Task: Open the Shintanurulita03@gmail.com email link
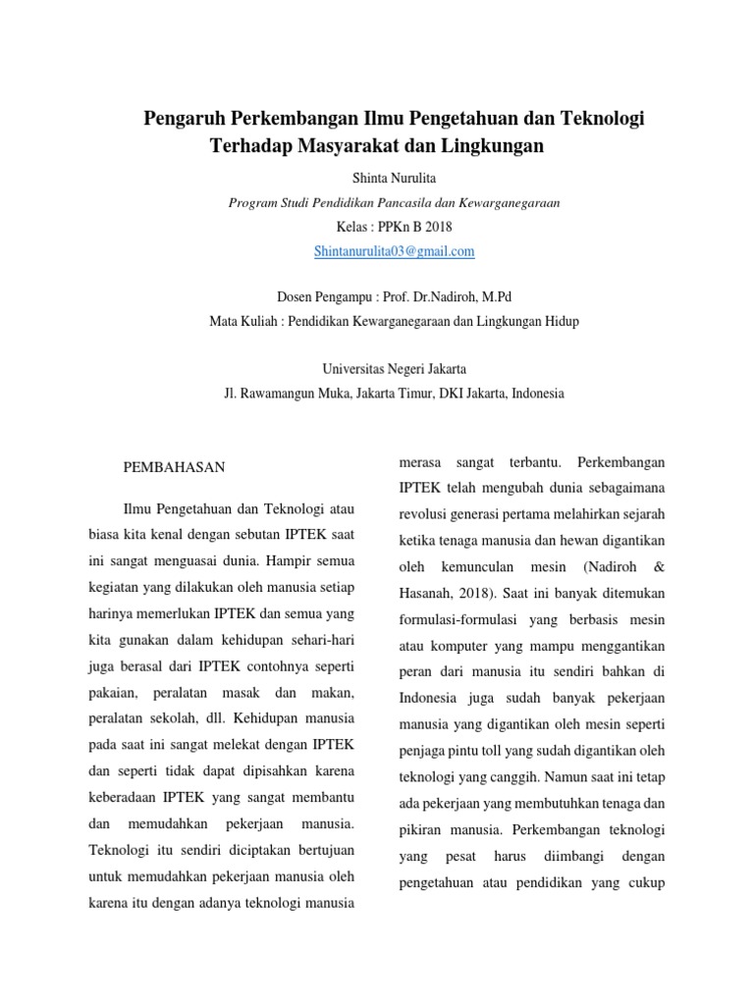[x=394, y=251]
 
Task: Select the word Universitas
[x=356, y=369]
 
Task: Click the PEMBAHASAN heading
[x=174, y=467]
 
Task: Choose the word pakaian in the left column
[x=113, y=694]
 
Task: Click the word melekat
[x=263, y=746]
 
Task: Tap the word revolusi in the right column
[x=424, y=513]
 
